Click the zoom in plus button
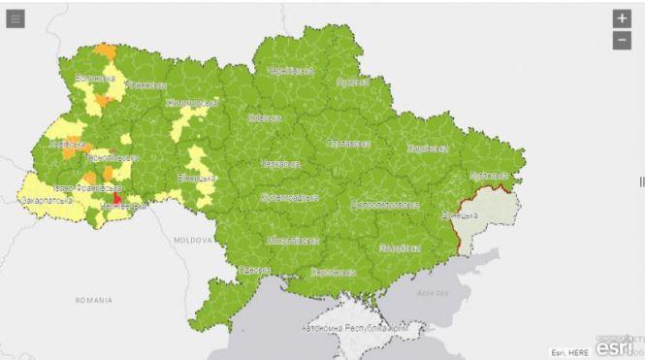coord(622,18)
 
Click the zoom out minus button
coord(622,40)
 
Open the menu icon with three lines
coord(15,18)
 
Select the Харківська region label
coord(427,148)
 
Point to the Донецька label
coord(460,213)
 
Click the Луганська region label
coord(488,176)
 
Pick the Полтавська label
coord(349,144)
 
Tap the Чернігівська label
coord(290,71)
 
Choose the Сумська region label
coord(351,83)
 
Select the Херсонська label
coord(332,272)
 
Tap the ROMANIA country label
coord(93,301)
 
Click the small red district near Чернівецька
coord(118,198)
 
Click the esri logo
coord(613,345)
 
